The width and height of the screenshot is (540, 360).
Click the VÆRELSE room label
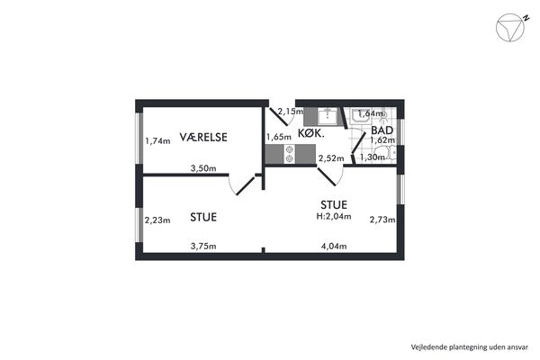coord(203,137)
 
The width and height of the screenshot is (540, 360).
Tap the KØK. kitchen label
coord(311,133)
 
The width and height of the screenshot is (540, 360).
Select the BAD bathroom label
coord(382,130)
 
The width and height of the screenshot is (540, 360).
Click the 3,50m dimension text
coord(203,168)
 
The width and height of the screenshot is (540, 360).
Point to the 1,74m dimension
coord(157,141)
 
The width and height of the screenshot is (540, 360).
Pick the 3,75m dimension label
coord(203,247)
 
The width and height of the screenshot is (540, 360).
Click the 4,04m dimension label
coord(334,247)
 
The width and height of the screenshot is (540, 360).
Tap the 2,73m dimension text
coord(382,220)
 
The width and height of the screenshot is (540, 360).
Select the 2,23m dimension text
coord(157,220)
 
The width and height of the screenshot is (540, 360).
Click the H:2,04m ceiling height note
coord(334,216)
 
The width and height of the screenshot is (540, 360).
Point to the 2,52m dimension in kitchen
coord(331,158)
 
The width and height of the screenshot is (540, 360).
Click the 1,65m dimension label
coord(279,137)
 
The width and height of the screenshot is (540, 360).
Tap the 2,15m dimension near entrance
coord(291,112)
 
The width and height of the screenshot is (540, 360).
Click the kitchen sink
coord(328,116)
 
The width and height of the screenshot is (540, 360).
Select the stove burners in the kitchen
coord(290,154)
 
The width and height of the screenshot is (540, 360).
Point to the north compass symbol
coord(511,28)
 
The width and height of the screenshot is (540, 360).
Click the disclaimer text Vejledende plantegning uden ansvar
coord(470,346)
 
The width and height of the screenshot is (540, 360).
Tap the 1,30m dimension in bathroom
coord(373,157)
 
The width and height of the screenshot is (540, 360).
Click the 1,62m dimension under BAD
coord(382,140)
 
